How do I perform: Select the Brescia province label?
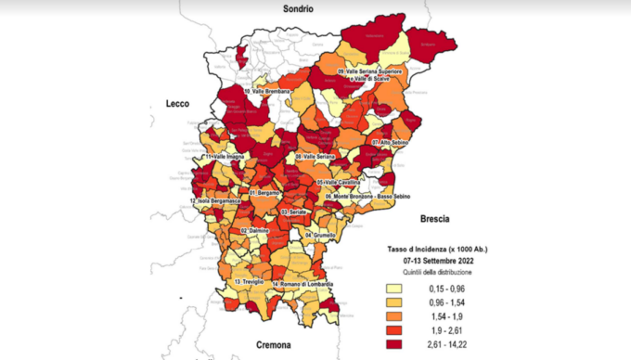point(429,219)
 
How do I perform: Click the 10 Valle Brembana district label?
point(267,92)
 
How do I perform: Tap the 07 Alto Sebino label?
point(391,142)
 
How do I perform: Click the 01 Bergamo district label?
point(263,192)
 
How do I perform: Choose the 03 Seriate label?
point(294,212)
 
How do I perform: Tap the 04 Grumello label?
point(320,236)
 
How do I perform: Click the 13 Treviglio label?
point(251,281)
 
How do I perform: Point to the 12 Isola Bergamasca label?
point(217,201)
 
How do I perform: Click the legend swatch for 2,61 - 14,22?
point(405,344)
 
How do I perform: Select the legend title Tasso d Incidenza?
point(436,251)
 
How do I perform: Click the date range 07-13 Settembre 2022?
point(436,262)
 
